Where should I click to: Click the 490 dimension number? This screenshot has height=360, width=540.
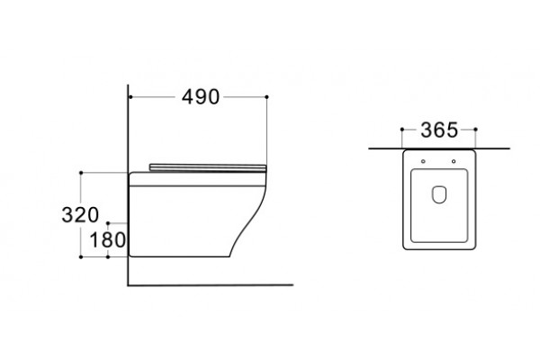(201, 97)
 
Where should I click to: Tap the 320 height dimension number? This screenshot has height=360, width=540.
(80, 214)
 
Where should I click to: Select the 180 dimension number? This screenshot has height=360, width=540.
(107, 239)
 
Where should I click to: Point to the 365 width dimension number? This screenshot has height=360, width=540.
(439, 130)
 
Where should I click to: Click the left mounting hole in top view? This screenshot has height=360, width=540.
(423, 161)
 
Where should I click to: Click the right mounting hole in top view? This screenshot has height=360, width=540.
(454, 161)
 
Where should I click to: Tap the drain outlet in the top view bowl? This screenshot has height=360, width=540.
(439, 194)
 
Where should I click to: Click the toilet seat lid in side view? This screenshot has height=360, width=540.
(208, 167)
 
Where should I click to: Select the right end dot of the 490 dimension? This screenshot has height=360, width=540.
(267, 97)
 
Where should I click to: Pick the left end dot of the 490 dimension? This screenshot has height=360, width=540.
(130, 97)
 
